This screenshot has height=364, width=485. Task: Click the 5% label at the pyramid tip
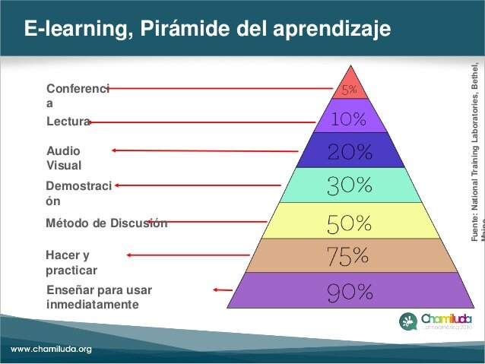[349, 90]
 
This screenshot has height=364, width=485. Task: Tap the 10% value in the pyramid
[349, 119]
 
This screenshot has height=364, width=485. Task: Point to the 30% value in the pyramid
[350, 185]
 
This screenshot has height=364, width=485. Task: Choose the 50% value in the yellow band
[350, 223]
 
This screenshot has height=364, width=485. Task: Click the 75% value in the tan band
[350, 256]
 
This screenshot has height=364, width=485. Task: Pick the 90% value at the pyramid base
[350, 292]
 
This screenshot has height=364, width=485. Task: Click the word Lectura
[68, 122]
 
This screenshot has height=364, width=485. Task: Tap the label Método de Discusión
[106, 223]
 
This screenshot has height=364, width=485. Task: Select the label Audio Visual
[64, 157]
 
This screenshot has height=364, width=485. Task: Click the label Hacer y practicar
[71, 262]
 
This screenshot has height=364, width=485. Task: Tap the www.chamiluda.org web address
[51, 350]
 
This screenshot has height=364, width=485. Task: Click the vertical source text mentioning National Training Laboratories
[476, 144]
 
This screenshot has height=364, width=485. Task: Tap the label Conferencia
[78, 95]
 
